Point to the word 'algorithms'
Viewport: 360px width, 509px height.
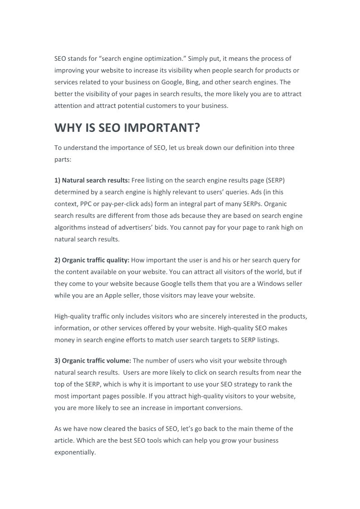click(70, 227)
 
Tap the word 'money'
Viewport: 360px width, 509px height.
click(64, 339)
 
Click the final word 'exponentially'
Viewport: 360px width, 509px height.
click(75, 452)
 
